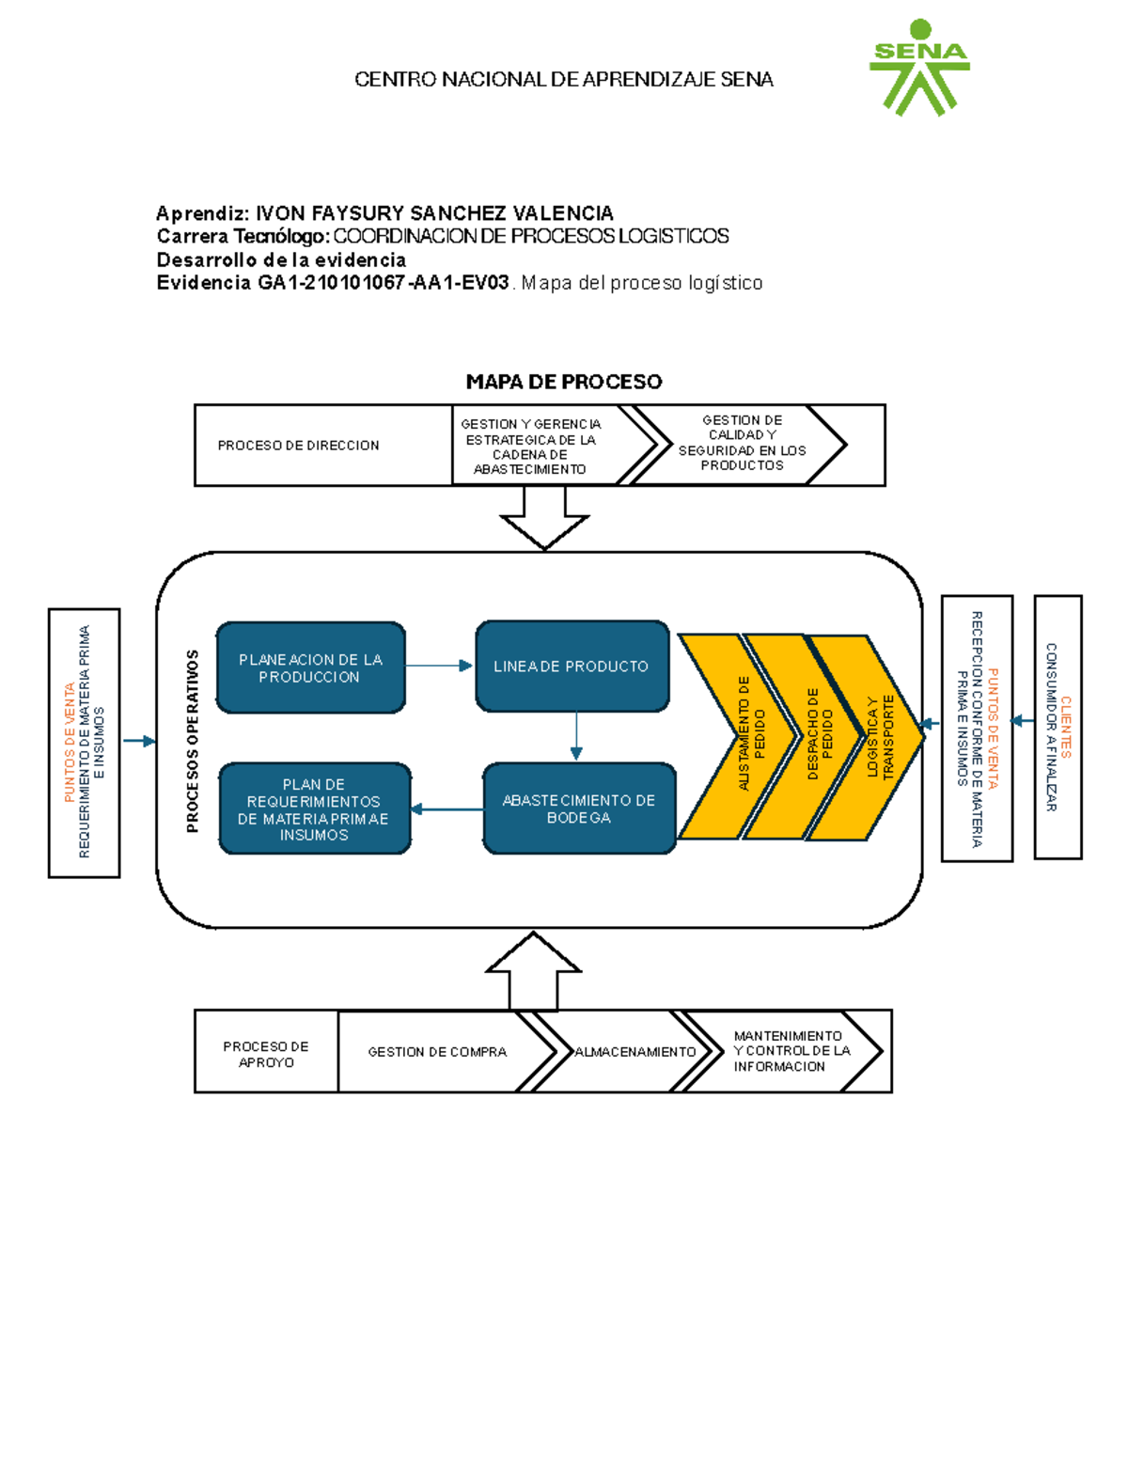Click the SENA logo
click(x=919, y=69)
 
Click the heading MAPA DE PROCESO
click(x=563, y=382)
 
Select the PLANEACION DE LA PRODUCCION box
click(x=310, y=667)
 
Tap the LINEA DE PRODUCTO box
click(x=572, y=667)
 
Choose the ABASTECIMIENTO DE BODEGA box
click(x=578, y=808)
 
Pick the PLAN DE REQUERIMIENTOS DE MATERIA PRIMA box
click(x=314, y=808)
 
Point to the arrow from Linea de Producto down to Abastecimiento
click(x=576, y=736)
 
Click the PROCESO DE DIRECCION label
click(x=298, y=446)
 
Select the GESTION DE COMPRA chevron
click(x=437, y=1052)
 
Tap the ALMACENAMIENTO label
click(x=634, y=1052)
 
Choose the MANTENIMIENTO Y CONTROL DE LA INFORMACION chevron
click(x=790, y=1051)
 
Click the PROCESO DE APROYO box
click(x=266, y=1054)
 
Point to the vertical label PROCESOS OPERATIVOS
click(x=193, y=741)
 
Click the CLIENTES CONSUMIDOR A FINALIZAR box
click(x=1057, y=727)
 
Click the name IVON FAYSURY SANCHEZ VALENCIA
click(x=434, y=213)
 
